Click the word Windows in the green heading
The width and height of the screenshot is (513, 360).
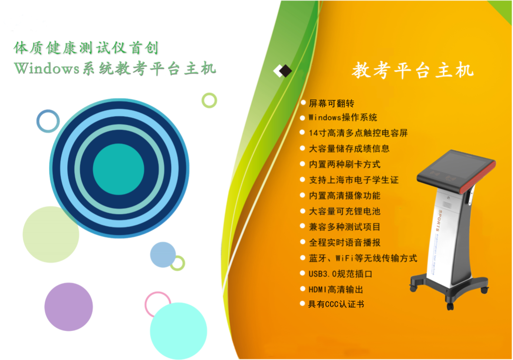[47, 68]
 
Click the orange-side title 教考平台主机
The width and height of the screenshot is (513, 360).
[413, 70]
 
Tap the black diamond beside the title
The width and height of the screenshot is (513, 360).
[285, 71]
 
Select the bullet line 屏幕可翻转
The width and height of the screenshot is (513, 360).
[331, 103]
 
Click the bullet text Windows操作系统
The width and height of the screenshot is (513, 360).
[343, 117]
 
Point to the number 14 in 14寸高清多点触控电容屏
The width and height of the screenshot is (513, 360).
[313, 133]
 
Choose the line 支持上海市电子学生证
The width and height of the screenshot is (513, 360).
[354, 180]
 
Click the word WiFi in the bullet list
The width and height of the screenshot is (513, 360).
[344, 258]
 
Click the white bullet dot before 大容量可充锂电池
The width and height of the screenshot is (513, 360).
[303, 211]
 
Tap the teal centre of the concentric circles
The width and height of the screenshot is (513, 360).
[119, 169]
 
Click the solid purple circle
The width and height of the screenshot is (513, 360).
[69, 307]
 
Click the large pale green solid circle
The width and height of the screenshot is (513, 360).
[51, 234]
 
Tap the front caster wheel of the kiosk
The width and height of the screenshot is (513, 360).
[450, 306]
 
